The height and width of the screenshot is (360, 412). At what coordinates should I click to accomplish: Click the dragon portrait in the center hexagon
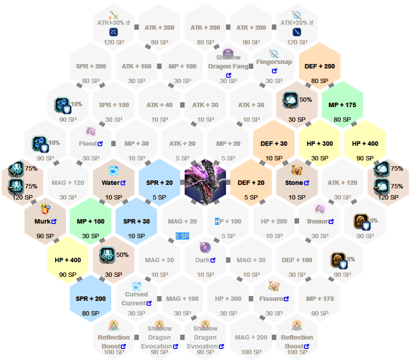(x=205, y=182)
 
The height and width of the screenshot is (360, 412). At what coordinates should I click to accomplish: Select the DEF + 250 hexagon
(x=319, y=66)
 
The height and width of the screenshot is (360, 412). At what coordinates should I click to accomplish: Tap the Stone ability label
(x=294, y=183)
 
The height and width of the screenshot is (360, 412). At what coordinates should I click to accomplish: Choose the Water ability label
(x=111, y=183)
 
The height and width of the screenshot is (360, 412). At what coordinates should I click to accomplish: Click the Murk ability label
(x=42, y=221)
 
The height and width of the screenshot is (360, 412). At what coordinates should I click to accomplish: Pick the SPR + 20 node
(x=159, y=183)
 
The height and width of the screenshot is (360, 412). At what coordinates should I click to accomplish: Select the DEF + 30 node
(x=274, y=144)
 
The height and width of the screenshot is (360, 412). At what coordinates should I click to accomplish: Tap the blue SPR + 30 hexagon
(x=136, y=221)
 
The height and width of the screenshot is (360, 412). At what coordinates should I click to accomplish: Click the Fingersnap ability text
(x=274, y=62)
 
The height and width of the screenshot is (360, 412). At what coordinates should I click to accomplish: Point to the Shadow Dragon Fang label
(x=228, y=62)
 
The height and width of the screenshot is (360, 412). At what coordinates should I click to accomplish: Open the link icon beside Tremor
(x=331, y=221)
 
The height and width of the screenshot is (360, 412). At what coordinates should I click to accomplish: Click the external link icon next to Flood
(x=100, y=144)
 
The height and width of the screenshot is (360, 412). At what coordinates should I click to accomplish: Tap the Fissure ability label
(x=271, y=299)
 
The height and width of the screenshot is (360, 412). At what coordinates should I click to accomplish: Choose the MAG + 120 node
(x=68, y=183)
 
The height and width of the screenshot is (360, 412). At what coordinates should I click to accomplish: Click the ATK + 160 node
(x=137, y=66)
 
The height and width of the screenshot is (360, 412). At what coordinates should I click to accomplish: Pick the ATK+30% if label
(x=113, y=23)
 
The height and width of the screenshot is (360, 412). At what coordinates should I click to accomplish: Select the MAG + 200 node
(x=251, y=337)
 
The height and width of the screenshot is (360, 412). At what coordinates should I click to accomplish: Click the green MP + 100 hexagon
(x=90, y=221)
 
